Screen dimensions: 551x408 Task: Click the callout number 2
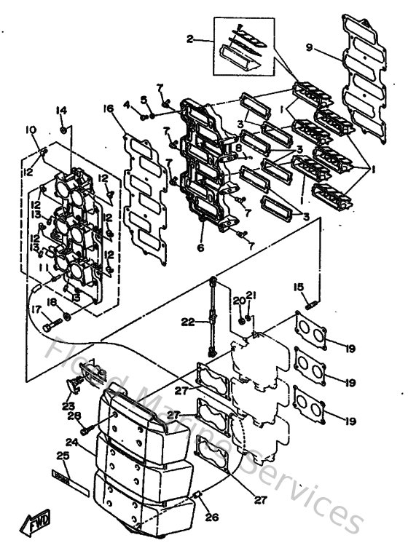pos(191,39)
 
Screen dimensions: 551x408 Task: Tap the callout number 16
pos(108,109)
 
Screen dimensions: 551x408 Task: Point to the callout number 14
pos(61,110)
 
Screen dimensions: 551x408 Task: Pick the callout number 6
pos(200,247)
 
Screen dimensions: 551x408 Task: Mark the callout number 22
pos(187,321)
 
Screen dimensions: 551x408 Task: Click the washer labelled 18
pos(67,317)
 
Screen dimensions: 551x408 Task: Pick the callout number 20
pos(238,300)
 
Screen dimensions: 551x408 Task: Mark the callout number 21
pos(251,295)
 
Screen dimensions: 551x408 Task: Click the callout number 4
pos(127,105)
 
